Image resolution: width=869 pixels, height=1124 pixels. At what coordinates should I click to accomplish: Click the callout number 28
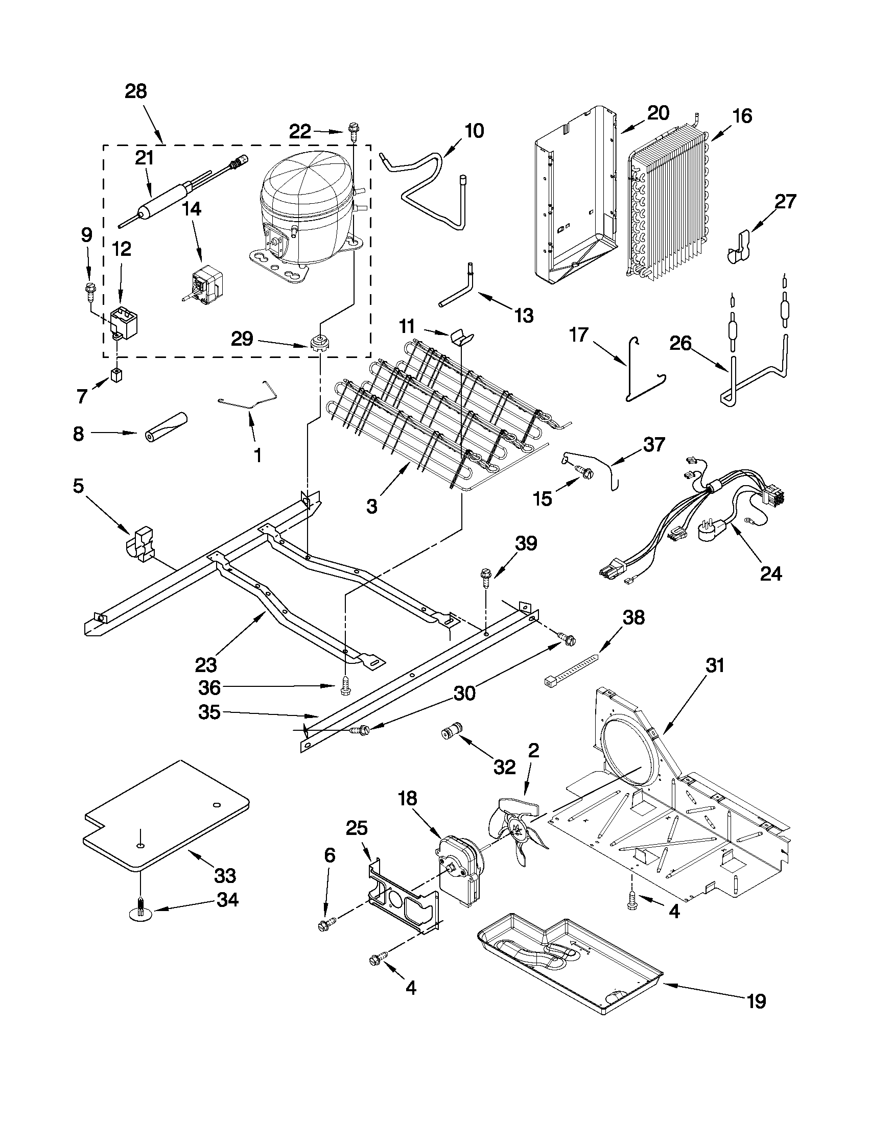pos(136,91)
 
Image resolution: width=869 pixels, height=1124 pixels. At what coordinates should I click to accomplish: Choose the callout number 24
pos(771,573)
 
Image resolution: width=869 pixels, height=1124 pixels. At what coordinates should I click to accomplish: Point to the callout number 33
pos(225,875)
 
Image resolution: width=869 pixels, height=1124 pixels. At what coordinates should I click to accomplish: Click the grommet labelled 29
pos(319,341)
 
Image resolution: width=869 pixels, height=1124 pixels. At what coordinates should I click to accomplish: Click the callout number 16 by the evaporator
pos(742,115)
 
